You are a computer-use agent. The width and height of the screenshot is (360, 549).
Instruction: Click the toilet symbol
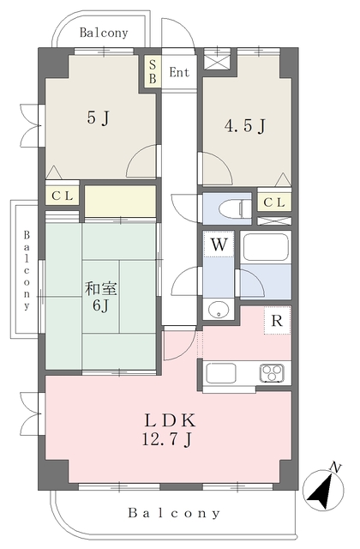point(235,208)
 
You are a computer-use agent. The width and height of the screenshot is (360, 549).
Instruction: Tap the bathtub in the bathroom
point(266,247)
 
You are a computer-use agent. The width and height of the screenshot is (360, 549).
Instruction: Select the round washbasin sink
point(219,309)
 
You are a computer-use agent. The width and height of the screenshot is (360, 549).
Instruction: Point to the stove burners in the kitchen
point(272,373)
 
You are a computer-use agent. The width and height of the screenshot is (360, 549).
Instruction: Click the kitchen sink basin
point(221,373)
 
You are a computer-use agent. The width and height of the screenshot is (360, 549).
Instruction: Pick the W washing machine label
point(219,244)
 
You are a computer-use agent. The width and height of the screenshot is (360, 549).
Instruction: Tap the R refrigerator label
point(277,320)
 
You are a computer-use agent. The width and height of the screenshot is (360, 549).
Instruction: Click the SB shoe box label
point(153,72)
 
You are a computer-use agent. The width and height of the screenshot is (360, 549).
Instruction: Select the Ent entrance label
point(179,72)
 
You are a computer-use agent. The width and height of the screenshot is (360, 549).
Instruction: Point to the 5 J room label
point(99,118)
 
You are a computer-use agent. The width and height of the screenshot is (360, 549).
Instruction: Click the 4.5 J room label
point(245,126)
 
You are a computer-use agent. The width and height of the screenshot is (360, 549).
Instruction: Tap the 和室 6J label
point(101,297)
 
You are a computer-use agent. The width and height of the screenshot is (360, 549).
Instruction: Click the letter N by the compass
point(335,468)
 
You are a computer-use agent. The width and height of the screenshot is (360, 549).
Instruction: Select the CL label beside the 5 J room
point(63,196)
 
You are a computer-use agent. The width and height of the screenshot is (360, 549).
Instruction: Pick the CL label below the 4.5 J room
point(274,202)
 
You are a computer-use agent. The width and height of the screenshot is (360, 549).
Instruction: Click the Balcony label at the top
point(104,33)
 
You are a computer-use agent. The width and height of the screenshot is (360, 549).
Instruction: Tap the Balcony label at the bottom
point(174,513)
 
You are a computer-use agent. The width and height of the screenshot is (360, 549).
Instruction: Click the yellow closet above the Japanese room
point(120,202)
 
